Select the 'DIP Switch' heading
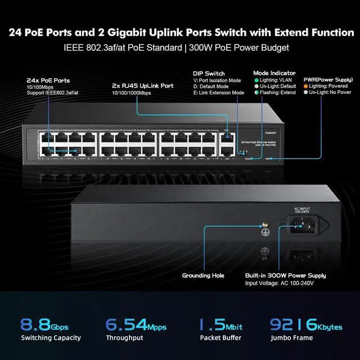209,74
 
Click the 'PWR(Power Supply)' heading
328,79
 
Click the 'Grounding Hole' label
203,276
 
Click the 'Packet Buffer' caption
220,338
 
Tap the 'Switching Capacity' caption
51,338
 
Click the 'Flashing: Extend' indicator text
278,93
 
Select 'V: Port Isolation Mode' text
217,80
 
